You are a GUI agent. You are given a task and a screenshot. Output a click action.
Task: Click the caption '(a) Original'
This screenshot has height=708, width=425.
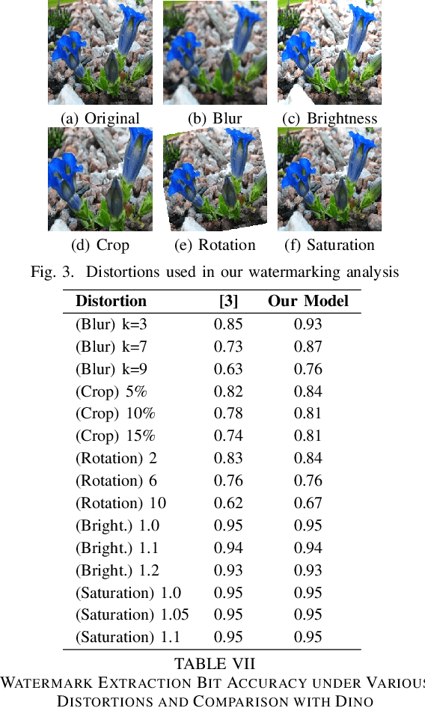click(x=100, y=118)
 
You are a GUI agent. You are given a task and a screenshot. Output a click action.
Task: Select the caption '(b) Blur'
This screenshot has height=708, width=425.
click(x=214, y=118)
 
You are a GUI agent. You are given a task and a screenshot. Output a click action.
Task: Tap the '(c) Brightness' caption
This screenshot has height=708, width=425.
click(x=329, y=118)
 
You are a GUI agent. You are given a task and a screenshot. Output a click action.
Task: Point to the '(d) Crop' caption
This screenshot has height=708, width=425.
click(x=100, y=245)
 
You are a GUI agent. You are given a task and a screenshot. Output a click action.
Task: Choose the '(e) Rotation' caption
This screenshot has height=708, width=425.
click(x=215, y=245)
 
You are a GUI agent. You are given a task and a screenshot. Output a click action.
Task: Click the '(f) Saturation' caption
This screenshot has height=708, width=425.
click(x=329, y=245)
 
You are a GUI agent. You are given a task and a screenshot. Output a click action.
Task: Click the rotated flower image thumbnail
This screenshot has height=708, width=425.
click(x=215, y=180)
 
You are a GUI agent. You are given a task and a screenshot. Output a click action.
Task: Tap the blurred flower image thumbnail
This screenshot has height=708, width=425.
click(x=215, y=52)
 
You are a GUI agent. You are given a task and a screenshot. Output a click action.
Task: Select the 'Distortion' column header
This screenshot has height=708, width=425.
click(x=111, y=301)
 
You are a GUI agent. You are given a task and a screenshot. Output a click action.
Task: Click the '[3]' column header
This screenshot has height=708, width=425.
click(x=228, y=301)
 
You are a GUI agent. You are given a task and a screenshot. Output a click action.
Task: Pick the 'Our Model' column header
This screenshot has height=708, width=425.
click(x=308, y=301)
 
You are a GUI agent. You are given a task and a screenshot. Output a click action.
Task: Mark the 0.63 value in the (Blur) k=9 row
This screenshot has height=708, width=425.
click(x=228, y=368)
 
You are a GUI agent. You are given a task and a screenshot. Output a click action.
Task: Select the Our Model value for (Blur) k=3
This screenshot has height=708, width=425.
click(x=308, y=323)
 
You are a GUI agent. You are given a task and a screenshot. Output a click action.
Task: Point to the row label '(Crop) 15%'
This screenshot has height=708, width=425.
click(x=115, y=436)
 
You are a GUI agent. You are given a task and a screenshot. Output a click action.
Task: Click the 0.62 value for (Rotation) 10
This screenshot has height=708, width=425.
click(x=228, y=503)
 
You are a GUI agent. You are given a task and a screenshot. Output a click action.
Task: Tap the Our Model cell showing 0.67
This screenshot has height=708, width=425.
click(x=308, y=503)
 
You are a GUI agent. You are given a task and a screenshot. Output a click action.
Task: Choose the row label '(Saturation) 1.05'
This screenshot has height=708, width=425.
click(x=132, y=614)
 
